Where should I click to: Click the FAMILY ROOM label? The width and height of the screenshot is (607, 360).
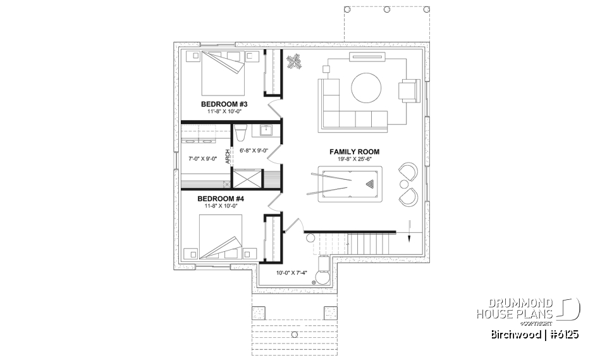pos(354,152)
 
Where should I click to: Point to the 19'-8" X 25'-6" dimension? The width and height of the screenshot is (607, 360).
pos(354,159)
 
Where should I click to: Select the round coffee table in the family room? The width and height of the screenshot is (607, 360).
pos(367,87)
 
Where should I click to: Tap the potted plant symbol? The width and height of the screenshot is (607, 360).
pos(293,61)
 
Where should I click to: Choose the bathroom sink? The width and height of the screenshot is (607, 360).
pos(266,130)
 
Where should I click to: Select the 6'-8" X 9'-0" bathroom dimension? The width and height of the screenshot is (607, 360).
pos(254,151)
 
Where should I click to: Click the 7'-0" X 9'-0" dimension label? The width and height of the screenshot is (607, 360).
pos(202,158)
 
